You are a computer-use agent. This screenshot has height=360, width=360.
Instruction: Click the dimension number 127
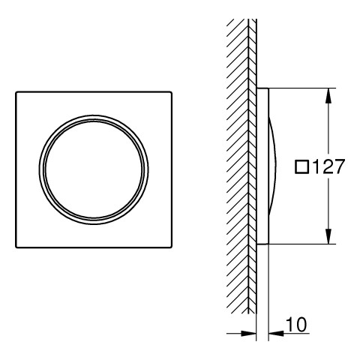coord(328,166)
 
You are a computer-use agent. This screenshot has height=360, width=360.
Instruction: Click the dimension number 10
coord(296,325)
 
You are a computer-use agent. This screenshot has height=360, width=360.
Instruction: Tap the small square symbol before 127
coord(302,167)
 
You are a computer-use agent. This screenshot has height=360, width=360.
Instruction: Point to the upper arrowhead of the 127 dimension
coord(329,96)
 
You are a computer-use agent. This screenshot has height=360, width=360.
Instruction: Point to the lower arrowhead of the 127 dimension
coord(329,236)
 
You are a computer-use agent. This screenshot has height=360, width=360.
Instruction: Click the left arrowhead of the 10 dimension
coord(248,333)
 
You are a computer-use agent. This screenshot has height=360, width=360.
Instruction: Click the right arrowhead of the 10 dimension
coord(276,333)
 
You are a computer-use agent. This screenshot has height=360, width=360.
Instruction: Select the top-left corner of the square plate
coord(16,91)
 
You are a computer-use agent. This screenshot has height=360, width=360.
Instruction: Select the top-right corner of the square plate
coord(172,91)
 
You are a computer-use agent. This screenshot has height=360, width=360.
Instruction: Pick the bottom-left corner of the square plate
coord(16,247)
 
